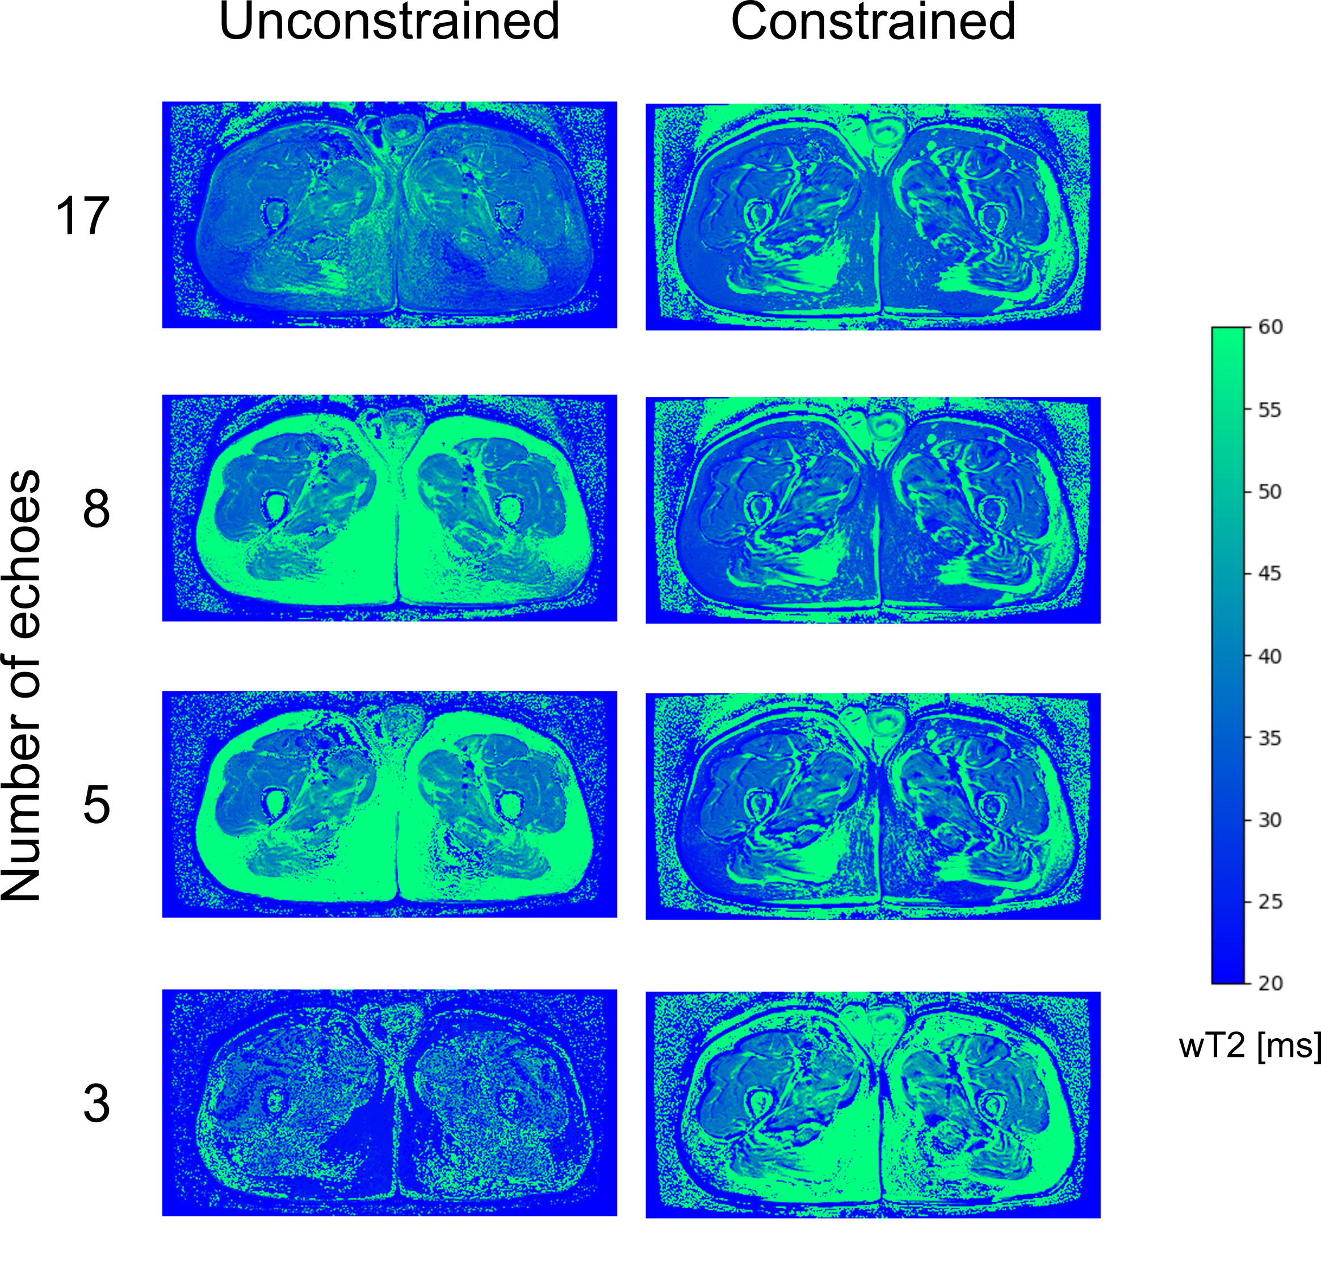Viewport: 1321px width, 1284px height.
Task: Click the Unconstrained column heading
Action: [x=389, y=22]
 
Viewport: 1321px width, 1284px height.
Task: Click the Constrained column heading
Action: [x=873, y=22]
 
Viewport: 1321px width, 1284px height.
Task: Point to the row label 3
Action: [x=96, y=1104]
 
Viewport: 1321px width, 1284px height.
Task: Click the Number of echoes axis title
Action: [x=22, y=685]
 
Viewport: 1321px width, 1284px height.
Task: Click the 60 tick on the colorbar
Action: [x=1270, y=327]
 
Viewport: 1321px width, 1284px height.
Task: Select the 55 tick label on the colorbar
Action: [x=1270, y=410]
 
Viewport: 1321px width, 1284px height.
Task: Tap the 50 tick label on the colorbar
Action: [x=1270, y=492]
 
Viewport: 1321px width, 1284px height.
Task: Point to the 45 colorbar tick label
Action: [x=1270, y=574]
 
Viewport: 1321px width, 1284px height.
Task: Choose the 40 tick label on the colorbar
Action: [x=1270, y=656]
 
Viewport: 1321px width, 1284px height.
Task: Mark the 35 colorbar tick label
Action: [x=1270, y=738]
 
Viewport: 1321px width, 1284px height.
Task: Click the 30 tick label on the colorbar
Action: [x=1270, y=820]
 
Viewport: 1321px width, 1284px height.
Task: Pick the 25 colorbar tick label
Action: [x=1270, y=903]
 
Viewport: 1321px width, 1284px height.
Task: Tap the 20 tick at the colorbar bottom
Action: [x=1270, y=983]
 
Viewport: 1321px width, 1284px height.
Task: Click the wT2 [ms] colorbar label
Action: [x=1249, y=1046]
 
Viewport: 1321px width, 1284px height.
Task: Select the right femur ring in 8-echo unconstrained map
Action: [x=509, y=507]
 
